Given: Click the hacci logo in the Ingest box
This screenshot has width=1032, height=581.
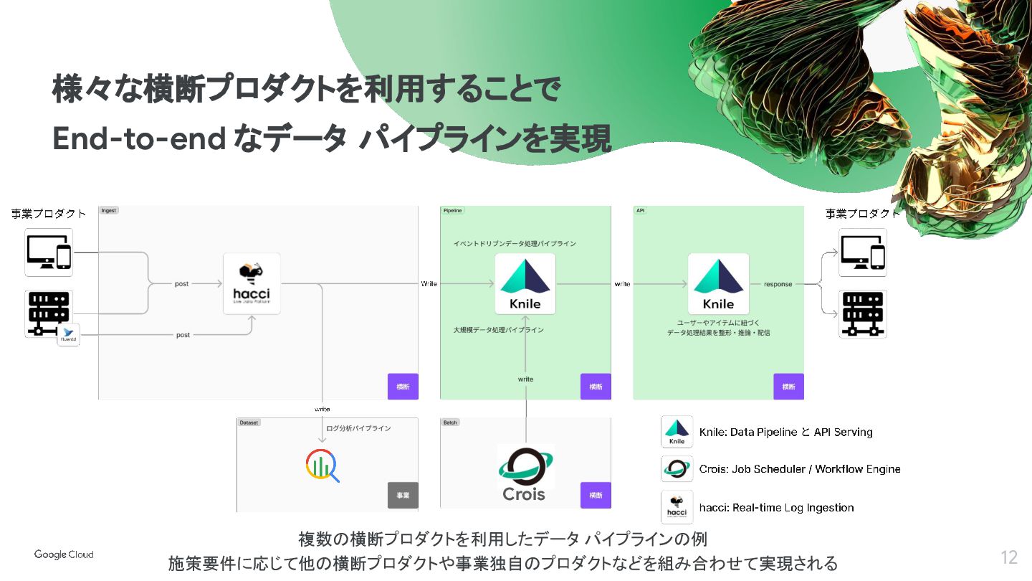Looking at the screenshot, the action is (252, 284).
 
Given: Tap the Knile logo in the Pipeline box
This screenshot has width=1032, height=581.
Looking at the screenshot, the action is (525, 284).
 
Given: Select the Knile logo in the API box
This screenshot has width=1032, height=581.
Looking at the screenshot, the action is (718, 284).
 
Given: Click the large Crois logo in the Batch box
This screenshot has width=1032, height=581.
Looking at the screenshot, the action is (525, 473).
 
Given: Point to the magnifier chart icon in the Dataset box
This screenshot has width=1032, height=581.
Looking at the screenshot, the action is (322, 466).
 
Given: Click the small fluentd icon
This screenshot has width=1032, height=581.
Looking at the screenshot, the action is (69, 335).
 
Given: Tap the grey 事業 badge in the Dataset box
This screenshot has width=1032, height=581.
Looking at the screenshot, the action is (403, 495).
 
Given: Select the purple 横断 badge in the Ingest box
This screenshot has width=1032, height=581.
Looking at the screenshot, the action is (403, 387).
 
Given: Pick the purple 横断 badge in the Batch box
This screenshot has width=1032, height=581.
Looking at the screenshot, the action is (596, 495).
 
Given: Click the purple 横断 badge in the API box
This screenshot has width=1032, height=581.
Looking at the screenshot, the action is (788, 387).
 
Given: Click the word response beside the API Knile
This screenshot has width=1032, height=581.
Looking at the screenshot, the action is (778, 284).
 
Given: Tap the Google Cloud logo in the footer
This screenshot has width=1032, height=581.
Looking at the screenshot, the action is (64, 554).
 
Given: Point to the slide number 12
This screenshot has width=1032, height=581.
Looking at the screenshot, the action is (1009, 557).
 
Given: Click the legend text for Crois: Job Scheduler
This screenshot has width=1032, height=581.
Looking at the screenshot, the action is (800, 469).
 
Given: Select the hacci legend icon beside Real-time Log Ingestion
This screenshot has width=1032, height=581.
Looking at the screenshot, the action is (677, 506).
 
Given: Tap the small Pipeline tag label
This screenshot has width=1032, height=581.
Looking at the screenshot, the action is (453, 211).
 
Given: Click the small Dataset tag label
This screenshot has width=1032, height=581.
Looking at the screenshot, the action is (249, 422).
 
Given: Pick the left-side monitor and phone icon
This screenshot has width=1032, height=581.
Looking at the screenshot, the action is (49, 252).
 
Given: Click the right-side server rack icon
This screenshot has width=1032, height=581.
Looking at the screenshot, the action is (862, 314).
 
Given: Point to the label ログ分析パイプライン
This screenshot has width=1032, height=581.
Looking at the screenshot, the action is (358, 428).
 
